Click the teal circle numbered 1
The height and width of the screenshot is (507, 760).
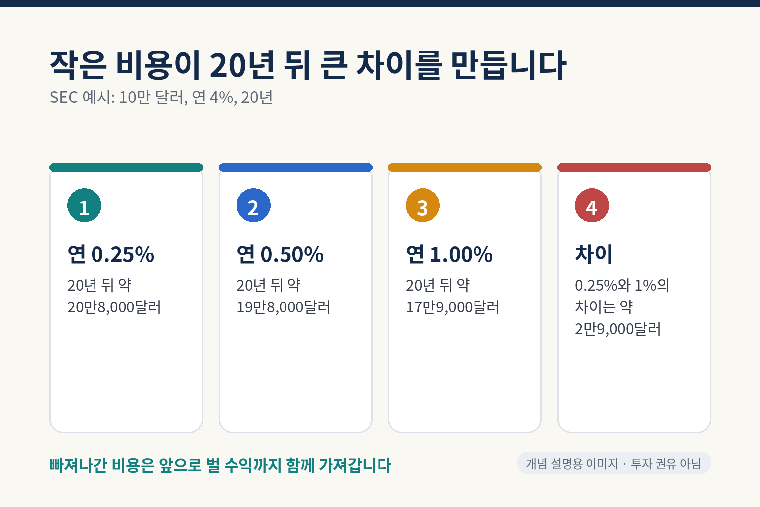84,205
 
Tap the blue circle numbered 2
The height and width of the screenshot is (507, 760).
253,205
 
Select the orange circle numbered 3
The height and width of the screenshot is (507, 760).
423,205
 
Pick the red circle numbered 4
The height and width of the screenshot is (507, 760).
592,205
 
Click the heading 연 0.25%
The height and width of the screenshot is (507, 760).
111,254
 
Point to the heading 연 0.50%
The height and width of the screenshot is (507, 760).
280,254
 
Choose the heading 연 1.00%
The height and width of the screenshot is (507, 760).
449,254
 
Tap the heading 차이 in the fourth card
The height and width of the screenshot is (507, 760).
594,253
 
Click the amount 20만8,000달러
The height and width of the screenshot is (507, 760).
114,307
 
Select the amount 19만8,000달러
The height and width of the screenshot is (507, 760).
284,307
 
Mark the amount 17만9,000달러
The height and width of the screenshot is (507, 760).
453,307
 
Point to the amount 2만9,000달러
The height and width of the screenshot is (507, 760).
618,329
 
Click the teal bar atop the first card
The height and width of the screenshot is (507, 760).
127,167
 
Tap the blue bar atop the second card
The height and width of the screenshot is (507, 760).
295,167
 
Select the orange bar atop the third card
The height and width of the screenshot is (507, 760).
465,167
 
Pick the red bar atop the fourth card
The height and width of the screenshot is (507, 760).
634,167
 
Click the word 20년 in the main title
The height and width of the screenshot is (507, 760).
242,65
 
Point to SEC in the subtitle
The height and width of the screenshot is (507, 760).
64,97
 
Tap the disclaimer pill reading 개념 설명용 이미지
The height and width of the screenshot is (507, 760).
614,463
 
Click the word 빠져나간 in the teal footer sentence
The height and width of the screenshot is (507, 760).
79,465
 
